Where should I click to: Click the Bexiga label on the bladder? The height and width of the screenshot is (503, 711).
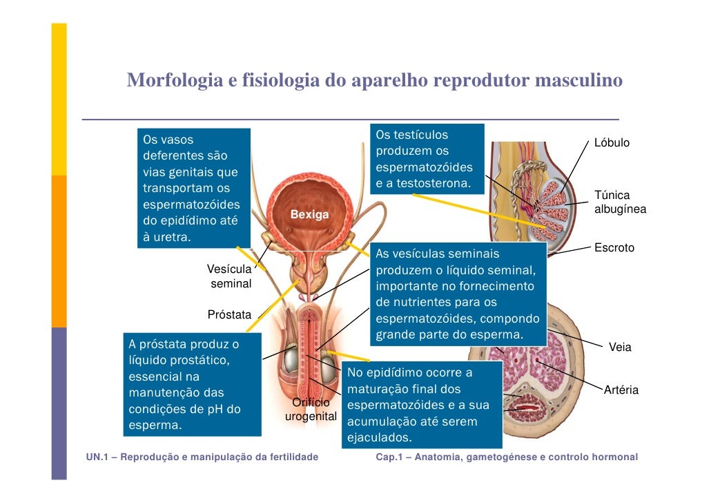(309, 215)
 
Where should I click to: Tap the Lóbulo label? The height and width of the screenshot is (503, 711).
(612, 143)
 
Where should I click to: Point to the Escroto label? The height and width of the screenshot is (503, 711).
(614, 247)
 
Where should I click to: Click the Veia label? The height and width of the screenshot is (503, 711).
(619, 348)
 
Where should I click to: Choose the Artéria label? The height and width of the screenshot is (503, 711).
(621, 391)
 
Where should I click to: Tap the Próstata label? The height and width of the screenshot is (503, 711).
(230, 315)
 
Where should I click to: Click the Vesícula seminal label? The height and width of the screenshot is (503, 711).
(230, 276)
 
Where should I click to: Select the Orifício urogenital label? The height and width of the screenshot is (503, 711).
(311, 410)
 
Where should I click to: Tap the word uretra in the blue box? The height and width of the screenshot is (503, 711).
(169, 238)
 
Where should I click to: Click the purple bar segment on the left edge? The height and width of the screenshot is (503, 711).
(59, 401)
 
